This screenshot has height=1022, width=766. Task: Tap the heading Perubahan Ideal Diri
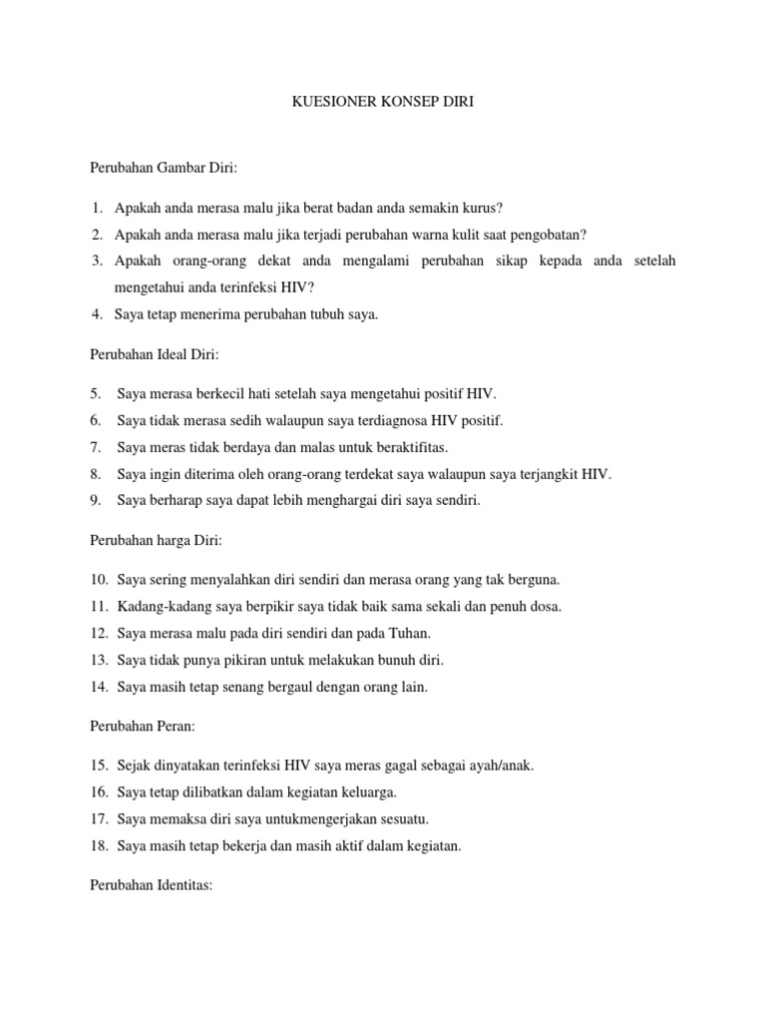pos(155,354)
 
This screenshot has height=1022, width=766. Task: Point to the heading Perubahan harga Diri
pos(156,540)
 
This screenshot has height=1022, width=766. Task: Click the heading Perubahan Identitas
pos(151,885)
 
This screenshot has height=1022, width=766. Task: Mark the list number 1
pos(96,208)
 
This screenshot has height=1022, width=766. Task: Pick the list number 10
pos(99,580)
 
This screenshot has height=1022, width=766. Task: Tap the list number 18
pos(99,846)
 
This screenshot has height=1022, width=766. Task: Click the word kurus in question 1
pos(480,208)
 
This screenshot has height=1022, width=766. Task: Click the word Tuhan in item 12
pos(409,634)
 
